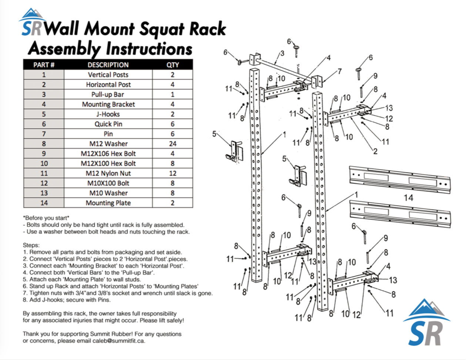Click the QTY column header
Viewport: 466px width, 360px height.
[172, 65]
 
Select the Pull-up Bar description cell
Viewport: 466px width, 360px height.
[108, 94]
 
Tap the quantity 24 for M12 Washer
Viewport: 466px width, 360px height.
[172, 144]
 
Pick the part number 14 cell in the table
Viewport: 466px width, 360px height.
[44, 203]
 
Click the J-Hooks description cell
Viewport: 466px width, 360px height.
[108, 114]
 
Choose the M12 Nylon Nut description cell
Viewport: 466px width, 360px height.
[108, 173]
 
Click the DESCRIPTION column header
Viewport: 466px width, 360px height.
[108, 65]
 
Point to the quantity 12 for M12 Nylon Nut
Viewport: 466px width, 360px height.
[172, 173]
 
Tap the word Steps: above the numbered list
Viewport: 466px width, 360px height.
[31, 245]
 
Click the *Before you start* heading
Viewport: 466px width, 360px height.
[46, 218]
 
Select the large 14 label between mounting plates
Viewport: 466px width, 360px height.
[408, 198]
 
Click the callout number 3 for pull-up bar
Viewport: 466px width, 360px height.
[282, 53]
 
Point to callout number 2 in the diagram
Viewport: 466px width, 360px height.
[375, 151]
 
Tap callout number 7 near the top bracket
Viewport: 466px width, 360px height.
[339, 71]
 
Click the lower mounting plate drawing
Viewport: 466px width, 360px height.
[400, 213]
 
